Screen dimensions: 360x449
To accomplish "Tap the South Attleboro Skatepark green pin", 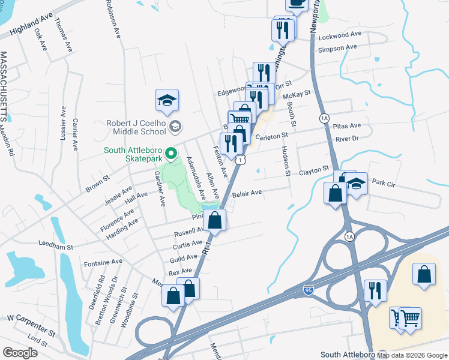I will point(171,155).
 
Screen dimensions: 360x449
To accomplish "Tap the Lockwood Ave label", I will point(340,35).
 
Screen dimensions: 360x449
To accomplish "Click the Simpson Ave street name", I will point(337,48).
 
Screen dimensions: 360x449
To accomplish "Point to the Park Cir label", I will point(385,181).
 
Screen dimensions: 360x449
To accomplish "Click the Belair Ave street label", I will point(248,193).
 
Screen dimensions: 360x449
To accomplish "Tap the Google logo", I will point(20,353).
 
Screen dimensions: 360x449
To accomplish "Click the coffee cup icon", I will point(295,4).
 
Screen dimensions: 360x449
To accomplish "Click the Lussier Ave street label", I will point(62,129).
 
